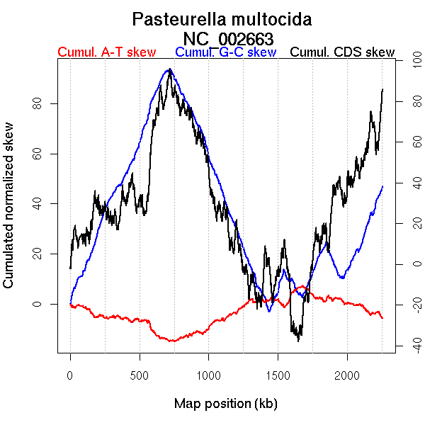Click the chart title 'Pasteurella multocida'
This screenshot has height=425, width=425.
pyautogui.click(x=222, y=18)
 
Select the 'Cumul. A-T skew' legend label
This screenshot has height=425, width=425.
pyautogui.click(x=106, y=52)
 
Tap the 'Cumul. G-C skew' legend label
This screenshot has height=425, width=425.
pyautogui.click(x=225, y=52)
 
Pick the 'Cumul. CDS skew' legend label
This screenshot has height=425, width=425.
pyautogui.click(x=342, y=52)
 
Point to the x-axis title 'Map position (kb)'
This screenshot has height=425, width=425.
pyautogui.click(x=225, y=404)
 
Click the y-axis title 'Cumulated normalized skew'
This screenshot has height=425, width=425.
pyautogui.click(x=9, y=213)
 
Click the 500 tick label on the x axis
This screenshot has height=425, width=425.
pyautogui.click(x=140, y=375)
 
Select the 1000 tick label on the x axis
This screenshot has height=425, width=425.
pyautogui.click(x=209, y=375)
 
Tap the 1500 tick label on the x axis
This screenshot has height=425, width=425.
pyautogui.click(x=278, y=375)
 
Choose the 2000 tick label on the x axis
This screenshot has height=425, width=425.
pyautogui.click(x=348, y=375)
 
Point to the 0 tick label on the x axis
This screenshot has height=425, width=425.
pyautogui.click(x=70, y=375)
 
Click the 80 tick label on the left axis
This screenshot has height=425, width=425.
pyautogui.click(x=36, y=104)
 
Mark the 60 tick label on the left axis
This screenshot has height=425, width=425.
pyautogui.click(x=36, y=154)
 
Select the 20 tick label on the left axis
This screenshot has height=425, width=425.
pyautogui.click(x=36, y=254)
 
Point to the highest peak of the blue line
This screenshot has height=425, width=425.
pyautogui.click(x=169, y=69)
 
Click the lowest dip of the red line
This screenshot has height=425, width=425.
pyautogui.click(x=172, y=341)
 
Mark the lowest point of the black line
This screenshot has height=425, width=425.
pyautogui.click(x=299, y=341)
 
